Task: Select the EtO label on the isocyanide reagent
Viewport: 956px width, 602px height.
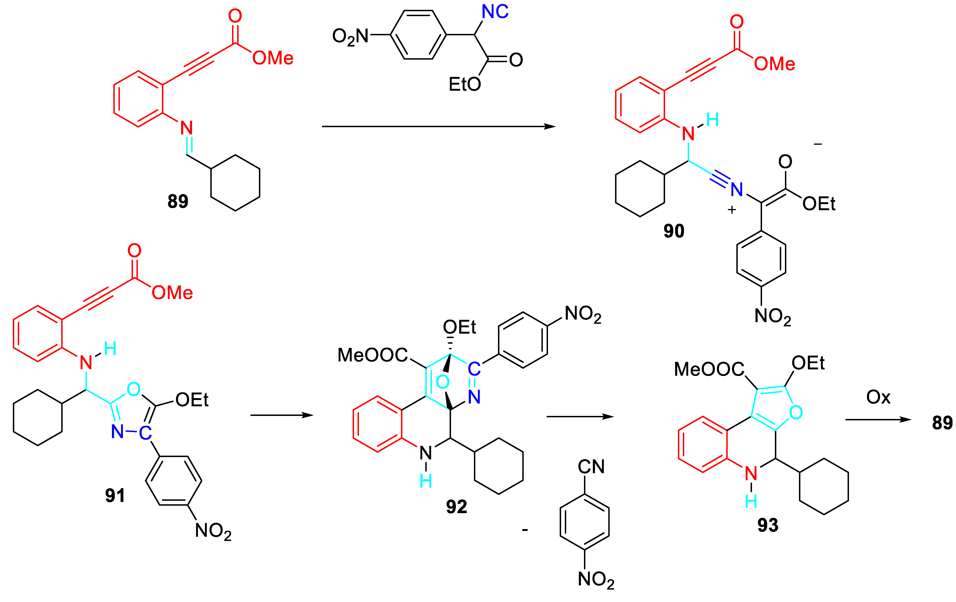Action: [x=465, y=84]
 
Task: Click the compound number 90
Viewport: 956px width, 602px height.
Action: [x=674, y=231]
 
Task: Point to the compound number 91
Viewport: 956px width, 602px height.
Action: [x=115, y=496]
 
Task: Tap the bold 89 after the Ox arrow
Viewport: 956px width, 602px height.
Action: [x=942, y=423]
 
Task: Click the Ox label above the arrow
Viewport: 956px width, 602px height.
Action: [x=878, y=397]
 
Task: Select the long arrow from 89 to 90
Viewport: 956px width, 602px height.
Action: [x=438, y=126]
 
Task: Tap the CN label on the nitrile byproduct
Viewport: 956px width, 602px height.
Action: [x=591, y=467]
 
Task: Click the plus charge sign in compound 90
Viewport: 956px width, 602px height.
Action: [x=732, y=210]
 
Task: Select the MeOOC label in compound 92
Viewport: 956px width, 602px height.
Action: [x=372, y=355]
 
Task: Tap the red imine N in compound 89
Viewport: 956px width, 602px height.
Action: [x=186, y=128]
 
